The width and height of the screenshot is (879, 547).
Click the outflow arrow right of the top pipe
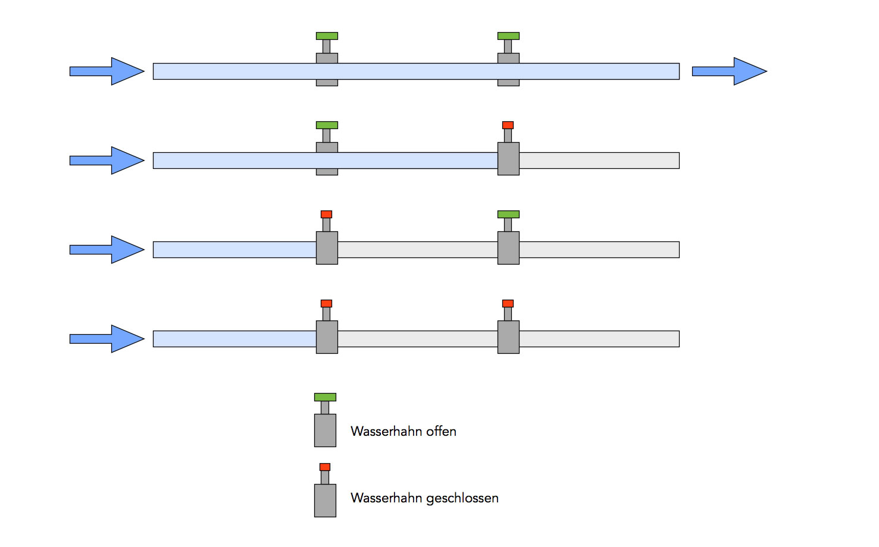tap(729, 71)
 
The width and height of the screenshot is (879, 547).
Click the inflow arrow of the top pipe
tap(107, 71)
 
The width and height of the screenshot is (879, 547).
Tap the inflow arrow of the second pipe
tap(107, 161)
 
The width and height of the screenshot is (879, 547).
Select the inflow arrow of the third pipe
tap(107, 250)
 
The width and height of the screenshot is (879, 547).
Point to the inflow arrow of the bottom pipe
tap(107, 339)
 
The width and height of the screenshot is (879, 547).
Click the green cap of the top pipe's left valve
tap(327, 36)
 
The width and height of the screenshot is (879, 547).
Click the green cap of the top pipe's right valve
tap(508, 36)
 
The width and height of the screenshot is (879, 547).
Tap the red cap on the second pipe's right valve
tap(508, 125)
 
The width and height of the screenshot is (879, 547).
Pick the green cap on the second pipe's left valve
tap(327, 125)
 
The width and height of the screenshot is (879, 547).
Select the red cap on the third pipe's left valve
tap(326, 215)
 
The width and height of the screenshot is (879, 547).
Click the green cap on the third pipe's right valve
tap(508, 215)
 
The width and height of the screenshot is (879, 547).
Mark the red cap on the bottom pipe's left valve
tap(326, 304)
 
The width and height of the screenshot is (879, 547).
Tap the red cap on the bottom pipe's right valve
tap(508, 304)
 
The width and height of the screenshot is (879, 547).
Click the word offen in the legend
tap(441, 432)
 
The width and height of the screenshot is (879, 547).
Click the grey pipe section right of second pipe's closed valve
tap(599, 161)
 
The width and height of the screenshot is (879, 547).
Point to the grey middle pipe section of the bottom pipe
tap(417, 339)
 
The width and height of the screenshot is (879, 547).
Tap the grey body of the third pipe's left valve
tap(327, 248)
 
